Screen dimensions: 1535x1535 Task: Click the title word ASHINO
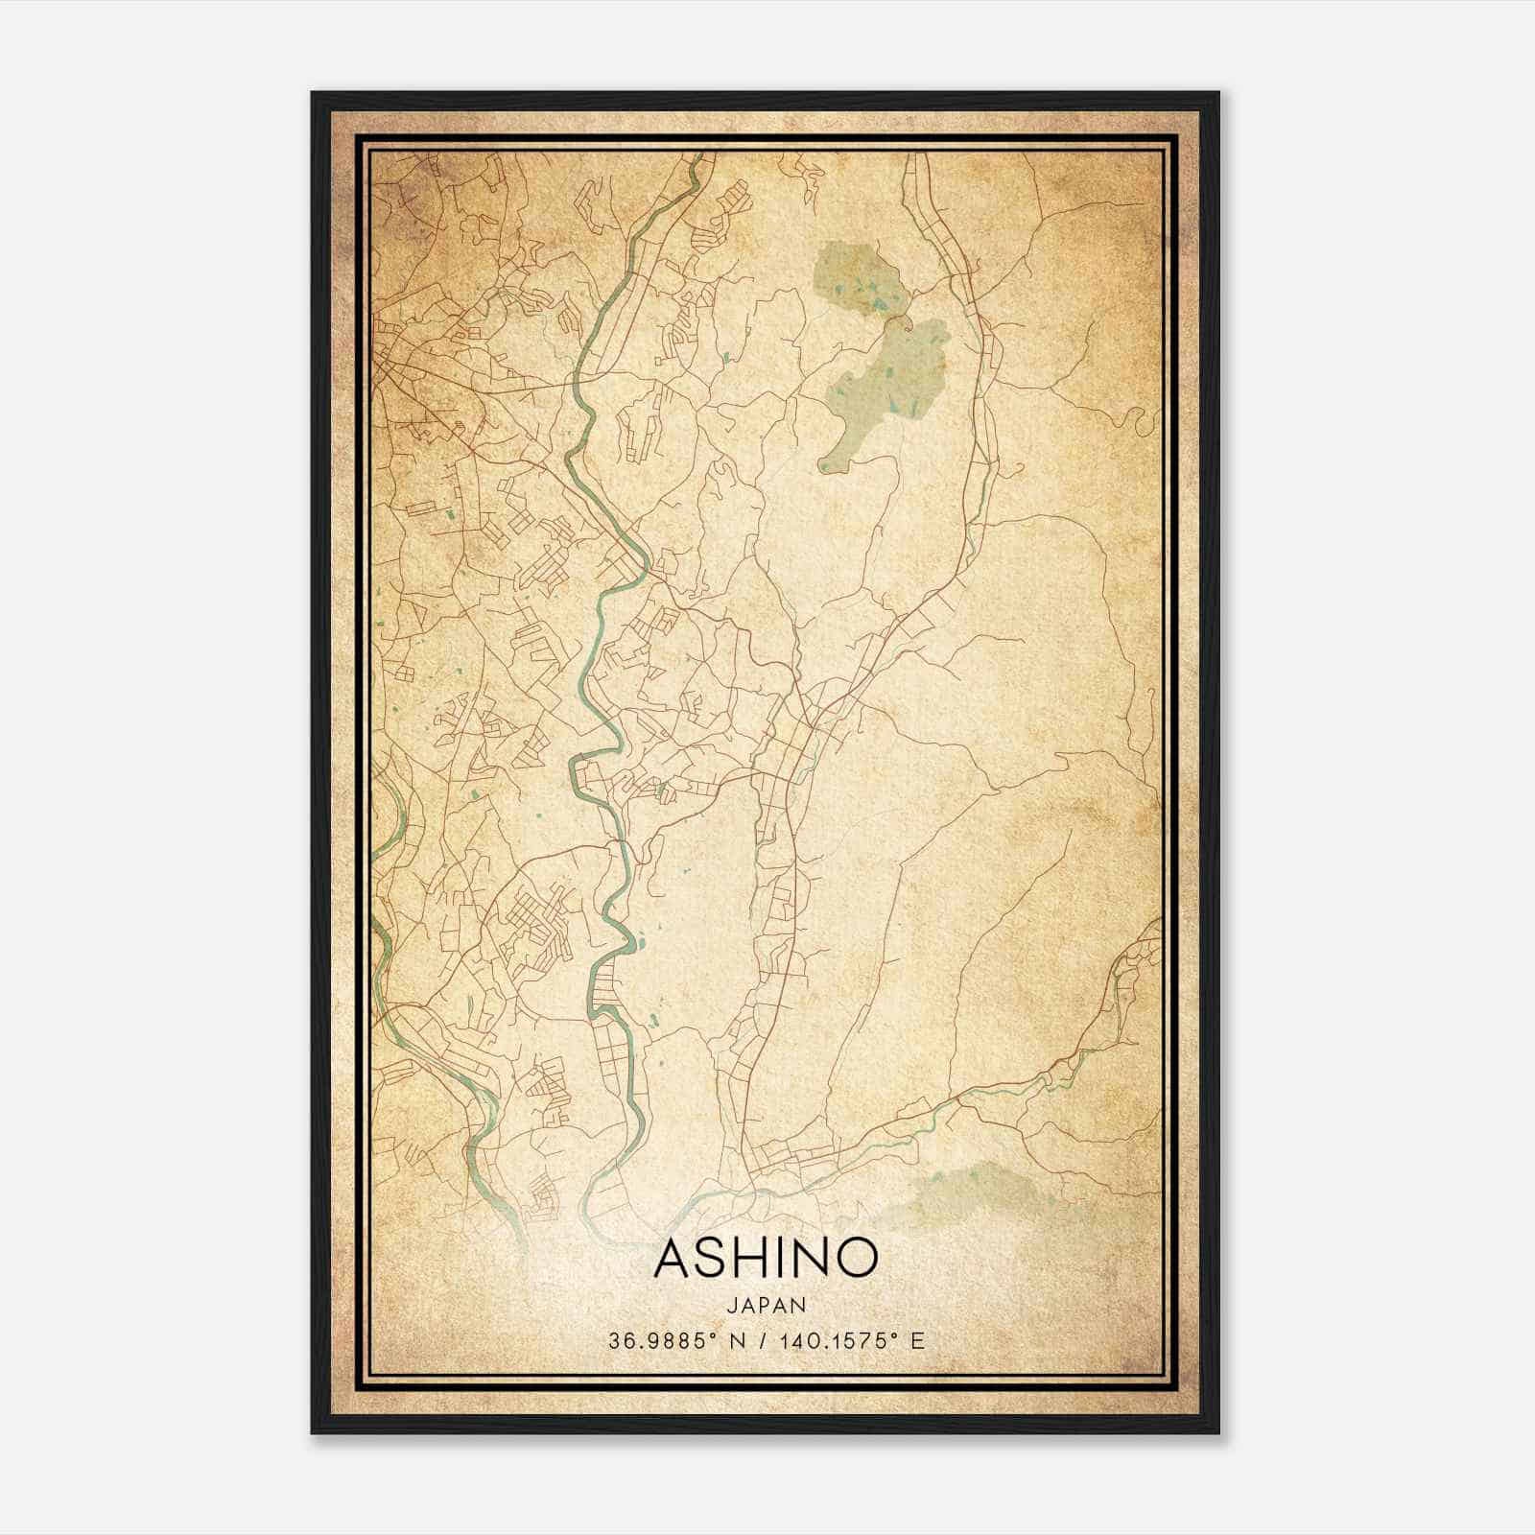766,1258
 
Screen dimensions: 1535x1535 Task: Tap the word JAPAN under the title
766,1305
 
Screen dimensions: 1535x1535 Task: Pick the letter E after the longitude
918,1340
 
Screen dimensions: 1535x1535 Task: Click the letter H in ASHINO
749,1258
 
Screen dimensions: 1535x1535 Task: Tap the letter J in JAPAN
731,1305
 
